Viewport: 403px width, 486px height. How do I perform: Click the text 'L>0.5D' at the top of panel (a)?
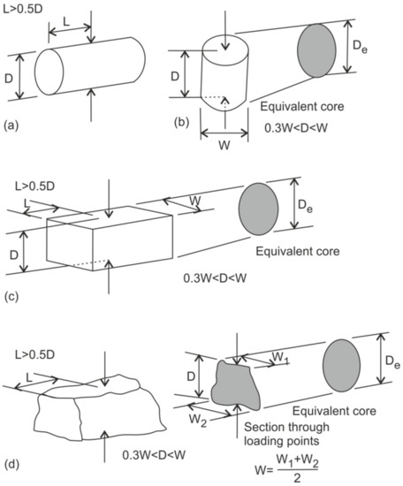pyautogui.click(x=27, y=10)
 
